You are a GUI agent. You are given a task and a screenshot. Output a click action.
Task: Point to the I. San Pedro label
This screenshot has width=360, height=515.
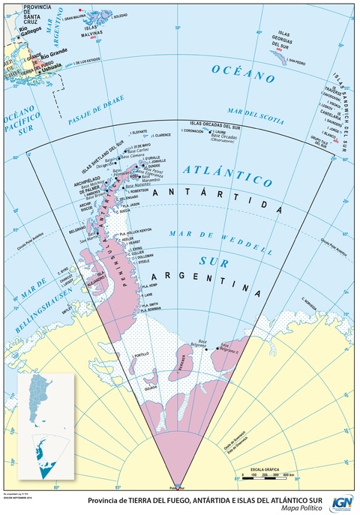pos(296,63)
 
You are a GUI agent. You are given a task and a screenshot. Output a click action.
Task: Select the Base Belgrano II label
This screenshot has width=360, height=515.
pos(228,349)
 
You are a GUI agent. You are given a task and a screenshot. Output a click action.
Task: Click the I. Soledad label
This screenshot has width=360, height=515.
pos(120,15)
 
